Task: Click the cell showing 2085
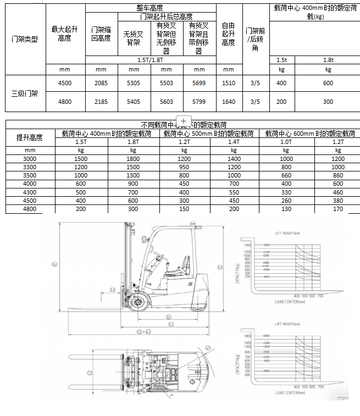101,83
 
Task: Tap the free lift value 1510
228,83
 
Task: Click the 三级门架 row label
25,93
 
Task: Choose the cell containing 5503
166,83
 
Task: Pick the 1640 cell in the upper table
228,102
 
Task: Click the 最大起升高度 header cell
65,33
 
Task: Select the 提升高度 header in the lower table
30,137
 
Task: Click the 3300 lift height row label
30,167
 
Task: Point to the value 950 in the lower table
184,167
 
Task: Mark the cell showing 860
337,175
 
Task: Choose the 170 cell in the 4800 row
337,209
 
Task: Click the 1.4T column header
234,142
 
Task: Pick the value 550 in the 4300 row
234,192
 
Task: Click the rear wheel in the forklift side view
195,303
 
